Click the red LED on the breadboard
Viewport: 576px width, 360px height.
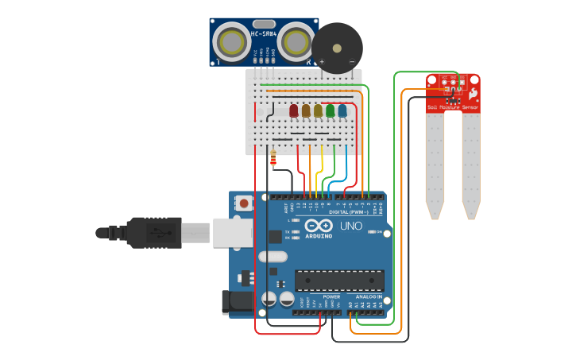(294, 110)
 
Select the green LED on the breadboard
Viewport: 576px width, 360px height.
(330, 110)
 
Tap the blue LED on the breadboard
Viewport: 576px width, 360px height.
(342, 110)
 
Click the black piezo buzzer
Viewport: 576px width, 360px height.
(336, 48)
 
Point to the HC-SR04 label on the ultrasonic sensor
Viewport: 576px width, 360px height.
(263, 34)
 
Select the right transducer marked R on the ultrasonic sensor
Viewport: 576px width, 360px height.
(296, 41)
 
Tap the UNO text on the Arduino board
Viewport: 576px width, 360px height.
(351, 226)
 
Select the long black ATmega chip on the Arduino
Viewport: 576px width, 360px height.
(339, 281)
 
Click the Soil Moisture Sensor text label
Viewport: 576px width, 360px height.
(453, 106)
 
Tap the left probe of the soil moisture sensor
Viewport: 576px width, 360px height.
(434, 167)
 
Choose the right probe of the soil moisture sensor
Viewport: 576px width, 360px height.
(471, 167)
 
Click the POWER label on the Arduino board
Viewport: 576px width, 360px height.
(331, 296)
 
